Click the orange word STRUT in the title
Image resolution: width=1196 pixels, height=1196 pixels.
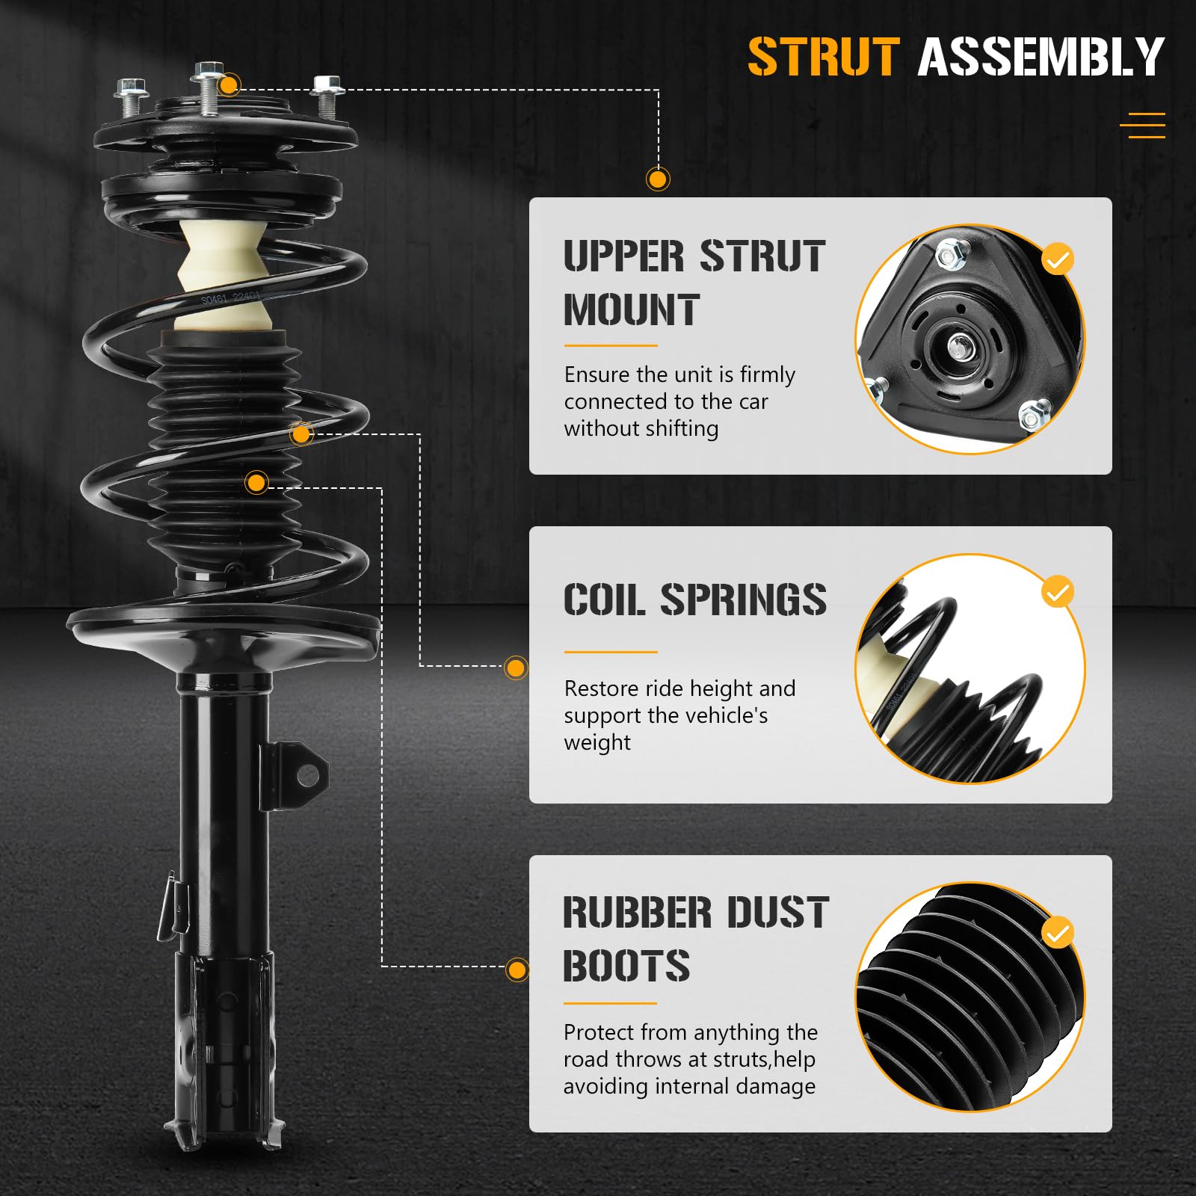pos(823,58)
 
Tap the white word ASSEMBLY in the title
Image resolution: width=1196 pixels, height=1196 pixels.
pos(1041,58)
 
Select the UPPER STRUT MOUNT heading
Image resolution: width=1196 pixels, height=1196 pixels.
pos(694,283)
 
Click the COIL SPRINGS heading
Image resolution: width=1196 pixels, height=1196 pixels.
pos(694,599)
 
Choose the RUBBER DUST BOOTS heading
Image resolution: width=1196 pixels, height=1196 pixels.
pos(695,939)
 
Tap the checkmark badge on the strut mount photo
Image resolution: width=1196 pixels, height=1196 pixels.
pos(1057,259)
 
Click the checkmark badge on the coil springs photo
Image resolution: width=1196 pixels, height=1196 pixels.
pos(1057,593)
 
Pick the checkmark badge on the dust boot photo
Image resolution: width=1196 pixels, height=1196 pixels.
pos(1057,934)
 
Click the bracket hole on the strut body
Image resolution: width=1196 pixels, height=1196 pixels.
pos(307,775)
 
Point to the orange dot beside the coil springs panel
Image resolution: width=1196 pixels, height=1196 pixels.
pos(516,668)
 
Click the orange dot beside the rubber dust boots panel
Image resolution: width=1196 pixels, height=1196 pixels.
pos(517,970)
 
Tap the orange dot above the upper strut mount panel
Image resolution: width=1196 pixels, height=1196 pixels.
pos(658,179)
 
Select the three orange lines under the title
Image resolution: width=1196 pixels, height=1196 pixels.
pos(1143,126)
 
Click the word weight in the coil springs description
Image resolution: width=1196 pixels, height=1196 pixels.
pos(597,743)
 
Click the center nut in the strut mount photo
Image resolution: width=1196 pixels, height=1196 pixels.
pos(958,345)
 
